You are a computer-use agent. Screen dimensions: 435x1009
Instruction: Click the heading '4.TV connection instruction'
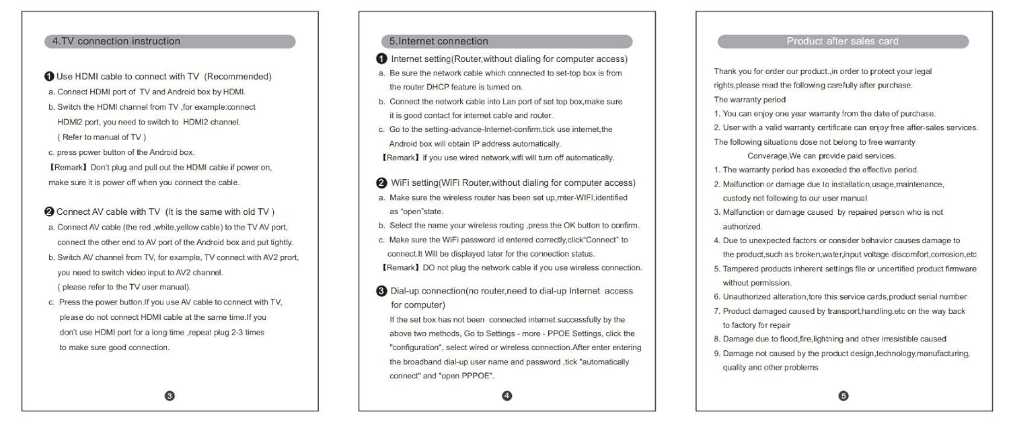click(116, 41)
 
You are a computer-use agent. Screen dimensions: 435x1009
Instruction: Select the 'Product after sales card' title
click(842, 41)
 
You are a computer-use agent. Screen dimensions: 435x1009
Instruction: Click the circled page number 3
click(170, 396)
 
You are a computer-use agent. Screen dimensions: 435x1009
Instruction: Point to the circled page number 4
click(507, 396)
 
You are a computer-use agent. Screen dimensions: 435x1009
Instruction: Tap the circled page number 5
click(844, 396)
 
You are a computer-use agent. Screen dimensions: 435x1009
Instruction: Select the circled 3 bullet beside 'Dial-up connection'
click(381, 291)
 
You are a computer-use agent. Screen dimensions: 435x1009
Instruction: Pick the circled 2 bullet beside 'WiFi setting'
click(381, 183)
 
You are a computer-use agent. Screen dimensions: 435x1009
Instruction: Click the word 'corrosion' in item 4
click(948, 255)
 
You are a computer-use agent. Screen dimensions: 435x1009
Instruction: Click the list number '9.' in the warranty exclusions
click(717, 354)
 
